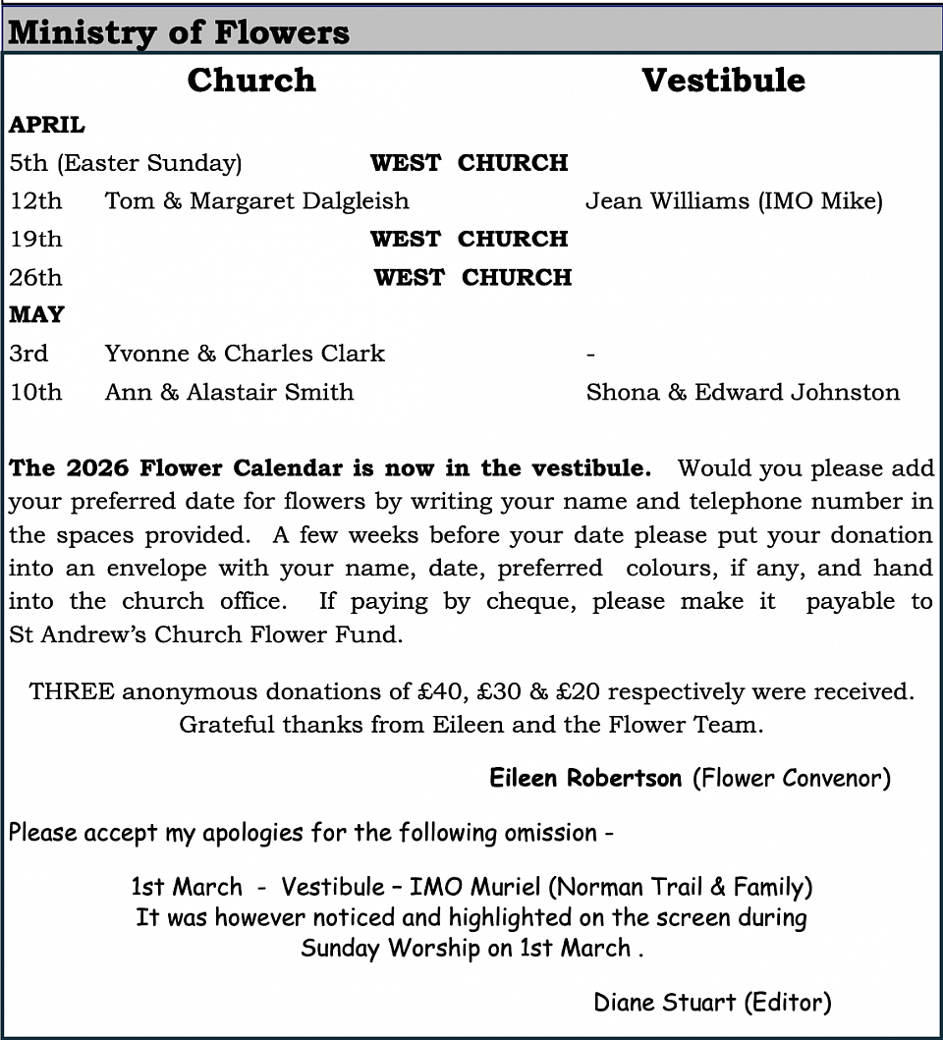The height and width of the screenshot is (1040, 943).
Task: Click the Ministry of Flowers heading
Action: [x=179, y=33]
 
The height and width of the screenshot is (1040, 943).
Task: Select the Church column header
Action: [x=251, y=81]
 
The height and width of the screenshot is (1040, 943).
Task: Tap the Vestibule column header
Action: [x=723, y=81]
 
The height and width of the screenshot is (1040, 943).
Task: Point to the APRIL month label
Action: [x=47, y=126]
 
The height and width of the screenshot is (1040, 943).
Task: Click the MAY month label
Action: [x=36, y=315]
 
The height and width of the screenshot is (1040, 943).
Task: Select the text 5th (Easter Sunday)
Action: [x=126, y=163]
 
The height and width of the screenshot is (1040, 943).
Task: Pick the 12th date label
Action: [x=35, y=201]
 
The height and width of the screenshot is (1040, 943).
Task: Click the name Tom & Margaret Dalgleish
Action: [x=256, y=201]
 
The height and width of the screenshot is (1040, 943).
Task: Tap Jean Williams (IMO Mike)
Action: [x=734, y=201]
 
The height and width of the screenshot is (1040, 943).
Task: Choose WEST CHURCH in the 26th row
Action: [x=472, y=278]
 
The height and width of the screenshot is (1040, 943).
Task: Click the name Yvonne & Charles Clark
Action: [x=245, y=354]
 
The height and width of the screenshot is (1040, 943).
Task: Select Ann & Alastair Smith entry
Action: [x=229, y=392]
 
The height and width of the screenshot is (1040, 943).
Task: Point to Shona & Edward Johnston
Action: [x=743, y=392]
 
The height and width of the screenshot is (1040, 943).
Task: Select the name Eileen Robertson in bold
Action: [x=585, y=779]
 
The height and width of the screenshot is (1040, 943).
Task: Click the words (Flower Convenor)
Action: [x=791, y=779]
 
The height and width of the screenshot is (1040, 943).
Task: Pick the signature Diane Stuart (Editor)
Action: [x=712, y=1003]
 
